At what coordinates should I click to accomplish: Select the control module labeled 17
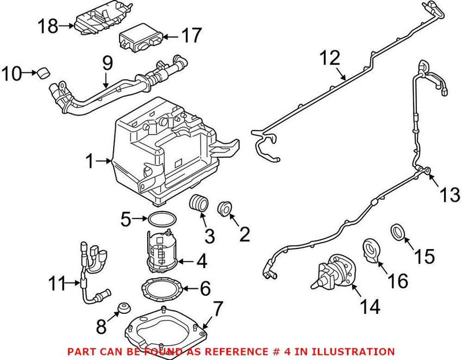tap(138, 39)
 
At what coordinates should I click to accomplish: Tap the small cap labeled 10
tap(42, 73)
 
